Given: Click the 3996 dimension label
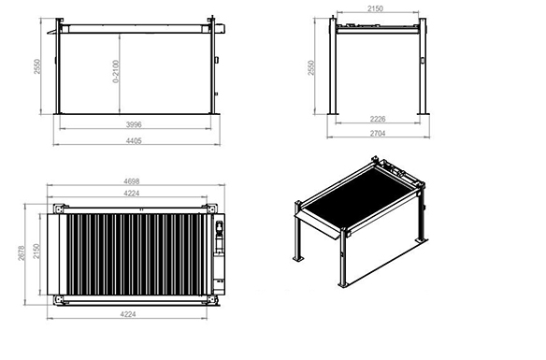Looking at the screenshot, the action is (x=134, y=124).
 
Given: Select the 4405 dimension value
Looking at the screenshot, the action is (x=134, y=141).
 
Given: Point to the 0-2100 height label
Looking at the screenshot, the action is (x=116, y=72).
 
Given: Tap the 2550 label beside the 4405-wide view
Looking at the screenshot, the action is (x=37, y=66).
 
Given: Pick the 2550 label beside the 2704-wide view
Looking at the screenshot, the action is (x=311, y=67).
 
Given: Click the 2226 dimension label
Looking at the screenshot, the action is (x=378, y=119).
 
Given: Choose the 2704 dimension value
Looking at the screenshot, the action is (x=378, y=134).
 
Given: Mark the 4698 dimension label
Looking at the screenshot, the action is (x=132, y=181).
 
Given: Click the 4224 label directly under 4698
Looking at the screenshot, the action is (x=132, y=194).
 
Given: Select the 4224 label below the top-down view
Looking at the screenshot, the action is (x=128, y=314).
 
